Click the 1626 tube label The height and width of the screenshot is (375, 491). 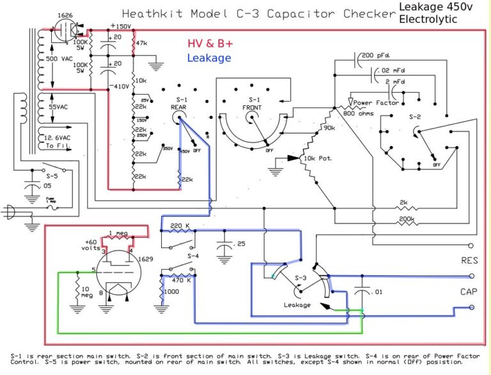tap(64, 14)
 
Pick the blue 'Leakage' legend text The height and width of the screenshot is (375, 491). tap(209, 58)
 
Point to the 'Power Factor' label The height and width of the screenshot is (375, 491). tap(376, 103)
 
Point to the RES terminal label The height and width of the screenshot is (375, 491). tap(469, 261)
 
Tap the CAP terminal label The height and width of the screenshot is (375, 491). tap(469, 292)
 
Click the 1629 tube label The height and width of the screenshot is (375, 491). tap(147, 259)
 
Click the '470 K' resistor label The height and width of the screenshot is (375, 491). tap(182, 280)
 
